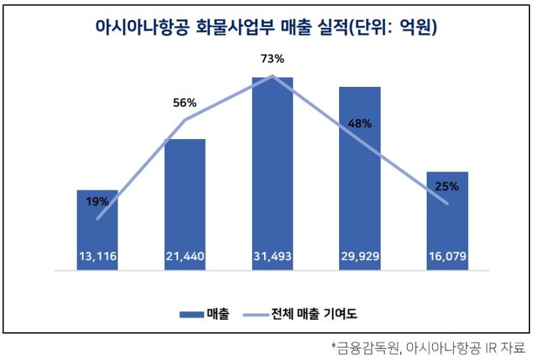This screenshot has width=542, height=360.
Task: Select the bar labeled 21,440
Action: click(185, 202)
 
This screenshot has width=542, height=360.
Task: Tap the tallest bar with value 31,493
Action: click(272, 174)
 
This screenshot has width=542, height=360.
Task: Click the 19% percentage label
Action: click(97, 202)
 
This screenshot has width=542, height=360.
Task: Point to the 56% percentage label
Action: click(185, 103)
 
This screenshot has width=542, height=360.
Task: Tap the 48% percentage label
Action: click(360, 124)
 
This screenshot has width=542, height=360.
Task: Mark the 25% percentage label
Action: click(447, 186)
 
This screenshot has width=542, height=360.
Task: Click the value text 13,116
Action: click(97, 259)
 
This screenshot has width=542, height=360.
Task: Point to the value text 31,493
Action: click(272, 259)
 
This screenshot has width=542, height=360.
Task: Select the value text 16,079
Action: click(447, 259)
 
